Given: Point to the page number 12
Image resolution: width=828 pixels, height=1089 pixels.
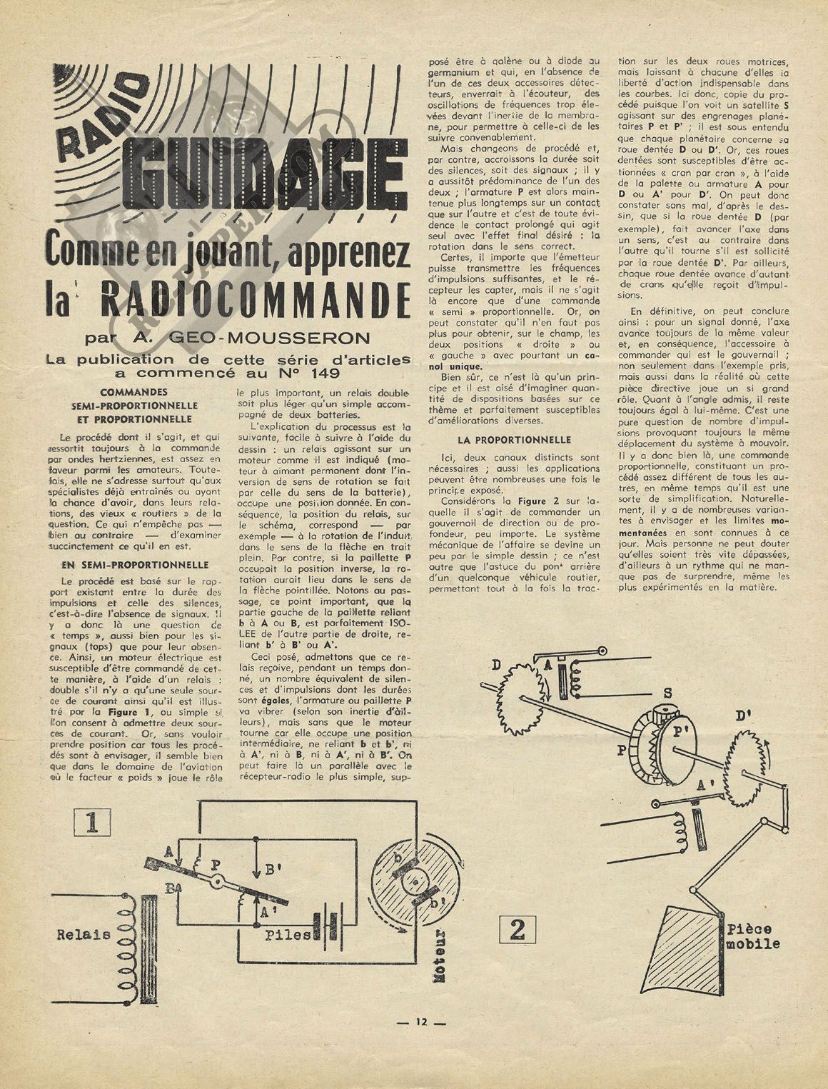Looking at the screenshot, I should [x=420, y=1022].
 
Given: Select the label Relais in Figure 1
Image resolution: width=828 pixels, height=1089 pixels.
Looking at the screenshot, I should [x=84, y=933].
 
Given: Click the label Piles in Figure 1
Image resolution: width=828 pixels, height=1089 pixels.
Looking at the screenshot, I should [x=287, y=935].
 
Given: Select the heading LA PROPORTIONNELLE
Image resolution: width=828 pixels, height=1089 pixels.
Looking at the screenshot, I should [x=514, y=441].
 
